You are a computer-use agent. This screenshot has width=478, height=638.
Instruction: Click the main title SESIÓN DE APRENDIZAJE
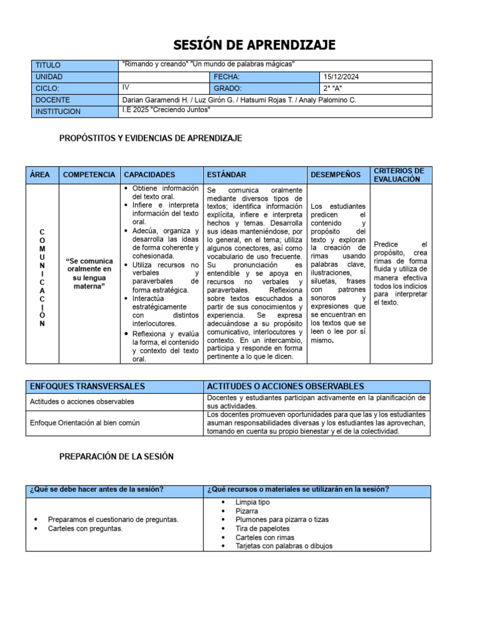click(x=254, y=44)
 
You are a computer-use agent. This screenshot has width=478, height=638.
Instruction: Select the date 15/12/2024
click(x=342, y=77)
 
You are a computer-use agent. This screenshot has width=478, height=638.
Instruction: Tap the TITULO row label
click(x=49, y=65)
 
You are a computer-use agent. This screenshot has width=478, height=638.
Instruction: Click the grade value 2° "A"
click(x=334, y=88)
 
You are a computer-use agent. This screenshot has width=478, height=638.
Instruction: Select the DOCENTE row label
click(x=53, y=100)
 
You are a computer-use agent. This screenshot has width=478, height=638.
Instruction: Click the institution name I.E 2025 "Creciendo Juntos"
click(x=167, y=110)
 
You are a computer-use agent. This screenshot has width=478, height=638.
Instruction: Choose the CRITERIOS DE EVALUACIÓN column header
click(x=399, y=175)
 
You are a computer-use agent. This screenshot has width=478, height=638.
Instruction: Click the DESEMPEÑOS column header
click(x=335, y=175)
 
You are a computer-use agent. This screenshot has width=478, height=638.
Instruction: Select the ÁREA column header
click(x=40, y=175)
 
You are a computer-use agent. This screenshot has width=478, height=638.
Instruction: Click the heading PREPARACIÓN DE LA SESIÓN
click(x=116, y=457)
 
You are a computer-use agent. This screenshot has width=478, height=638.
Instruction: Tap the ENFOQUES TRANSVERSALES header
click(x=87, y=387)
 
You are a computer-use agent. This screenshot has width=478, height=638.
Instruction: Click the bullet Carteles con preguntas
click(x=85, y=528)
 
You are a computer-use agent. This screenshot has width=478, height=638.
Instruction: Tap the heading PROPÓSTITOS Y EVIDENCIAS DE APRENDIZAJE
click(x=151, y=138)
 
